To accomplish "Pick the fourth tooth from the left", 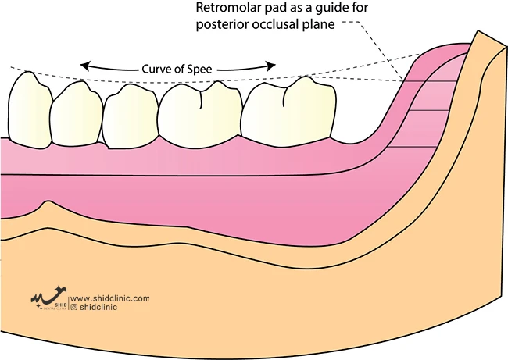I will coord(195,113).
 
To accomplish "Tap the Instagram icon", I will coord(73,308).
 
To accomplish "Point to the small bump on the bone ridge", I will coord(49,205).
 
